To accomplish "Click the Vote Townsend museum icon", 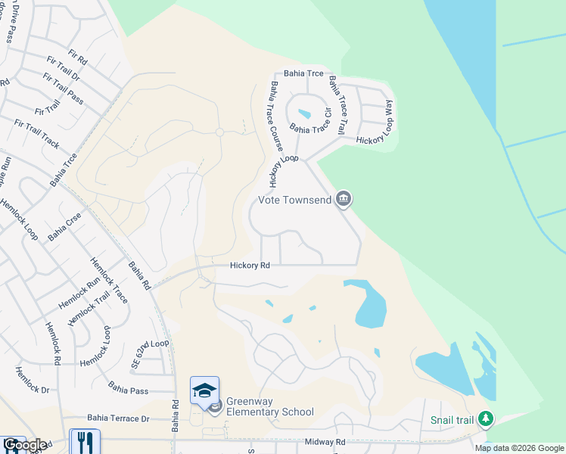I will pos(344,199).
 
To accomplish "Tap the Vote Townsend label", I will pos(295,200).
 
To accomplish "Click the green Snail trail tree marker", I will pos(486,418).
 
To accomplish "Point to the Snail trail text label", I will pos(452,420).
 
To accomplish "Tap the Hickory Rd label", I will pos(250,266).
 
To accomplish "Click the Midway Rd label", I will pos(325,442).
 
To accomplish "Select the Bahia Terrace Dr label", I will pos(118,418).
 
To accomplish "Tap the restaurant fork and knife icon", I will pos(85,442).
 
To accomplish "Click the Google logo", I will pos(24,445).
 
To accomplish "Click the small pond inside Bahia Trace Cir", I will pos(304,114).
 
